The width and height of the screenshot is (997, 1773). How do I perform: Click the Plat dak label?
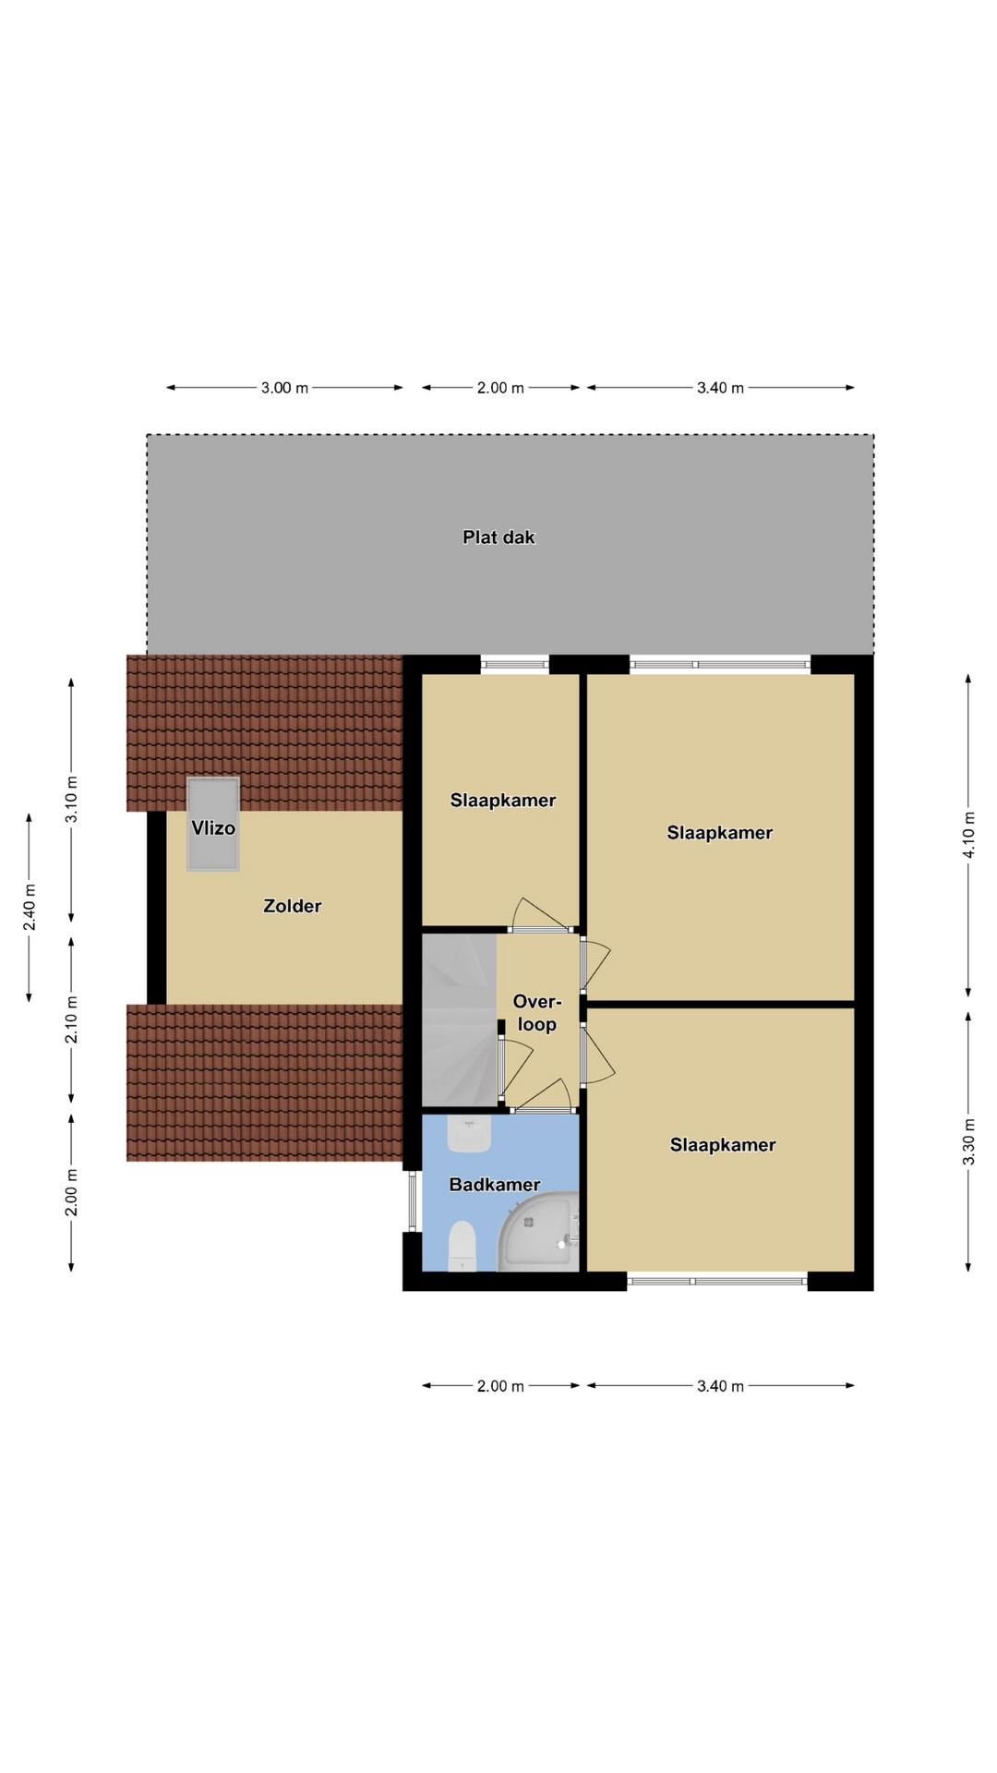click(x=498, y=537)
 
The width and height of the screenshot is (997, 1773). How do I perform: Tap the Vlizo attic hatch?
click(x=213, y=824)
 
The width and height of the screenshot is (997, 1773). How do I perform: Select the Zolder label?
click(x=293, y=906)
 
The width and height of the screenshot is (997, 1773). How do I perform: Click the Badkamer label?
click(x=495, y=1184)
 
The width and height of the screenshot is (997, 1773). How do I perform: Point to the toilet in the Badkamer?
click(x=462, y=1246)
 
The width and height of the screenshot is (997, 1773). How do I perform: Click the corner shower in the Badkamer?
click(x=539, y=1231)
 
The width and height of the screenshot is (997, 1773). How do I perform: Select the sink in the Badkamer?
click(x=469, y=1134)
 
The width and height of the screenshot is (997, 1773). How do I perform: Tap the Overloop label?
click(x=537, y=1013)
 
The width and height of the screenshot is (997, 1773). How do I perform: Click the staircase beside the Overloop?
click(x=460, y=1019)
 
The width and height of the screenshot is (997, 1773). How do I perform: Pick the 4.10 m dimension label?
click(x=968, y=835)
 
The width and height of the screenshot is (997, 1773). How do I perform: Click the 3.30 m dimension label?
click(x=968, y=1141)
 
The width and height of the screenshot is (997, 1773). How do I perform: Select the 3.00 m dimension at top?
click(x=284, y=388)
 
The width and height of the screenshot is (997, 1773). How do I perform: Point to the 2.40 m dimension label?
click(x=30, y=908)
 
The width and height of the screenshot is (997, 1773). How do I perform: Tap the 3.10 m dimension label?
click(x=72, y=800)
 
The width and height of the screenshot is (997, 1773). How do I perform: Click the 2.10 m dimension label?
click(x=72, y=1019)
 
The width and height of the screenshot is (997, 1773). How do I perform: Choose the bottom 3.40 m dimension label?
click(x=720, y=1386)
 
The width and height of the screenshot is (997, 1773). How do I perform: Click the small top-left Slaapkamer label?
click(x=503, y=801)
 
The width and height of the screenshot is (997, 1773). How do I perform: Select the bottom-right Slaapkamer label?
click(x=723, y=1145)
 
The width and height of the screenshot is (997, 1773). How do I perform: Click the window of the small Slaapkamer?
click(x=515, y=663)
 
